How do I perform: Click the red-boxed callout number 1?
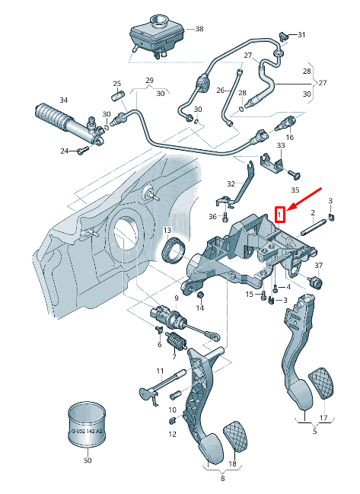pyautogui.click(x=280, y=215)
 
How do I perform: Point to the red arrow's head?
pyautogui.click(x=286, y=206)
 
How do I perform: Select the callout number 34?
pyautogui.click(x=63, y=100)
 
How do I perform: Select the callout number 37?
pyautogui.click(x=319, y=265)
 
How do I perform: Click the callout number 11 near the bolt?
pyautogui.click(x=161, y=371)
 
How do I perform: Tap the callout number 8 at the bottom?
pyautogui.click(x=222, y=479)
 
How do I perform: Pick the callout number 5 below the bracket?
pyautogui.click(x=315, y=431)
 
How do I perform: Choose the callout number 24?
pyautogui.click(x=64, y=151)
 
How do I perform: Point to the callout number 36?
pyautogui.click(x=213, y=217)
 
